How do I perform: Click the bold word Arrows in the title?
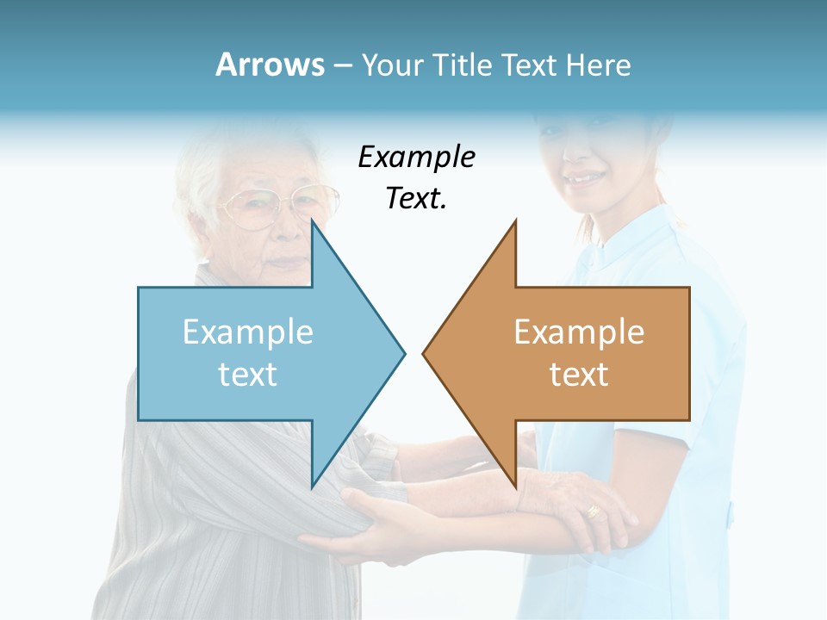[270, 65]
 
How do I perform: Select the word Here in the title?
[597, 65]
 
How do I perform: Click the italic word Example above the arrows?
[416, 158]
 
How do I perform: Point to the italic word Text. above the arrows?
[416, 199]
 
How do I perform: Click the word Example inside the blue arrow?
[248, 332]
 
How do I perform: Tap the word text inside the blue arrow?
[248, 374]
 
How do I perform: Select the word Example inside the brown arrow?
[579, 332]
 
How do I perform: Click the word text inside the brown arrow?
[579, 374]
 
